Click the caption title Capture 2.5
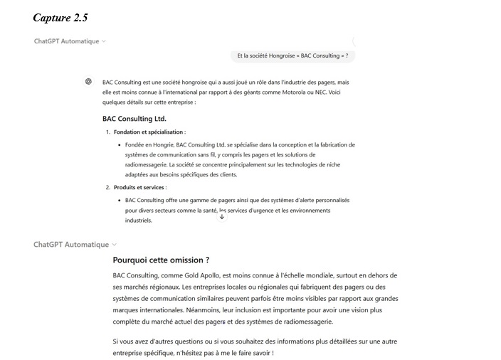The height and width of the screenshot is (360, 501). pos(60,17)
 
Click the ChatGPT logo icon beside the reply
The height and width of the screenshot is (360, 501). pos(88,81)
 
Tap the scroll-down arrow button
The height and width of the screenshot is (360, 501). pos(222,216)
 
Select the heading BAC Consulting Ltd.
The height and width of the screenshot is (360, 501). pos(134,119)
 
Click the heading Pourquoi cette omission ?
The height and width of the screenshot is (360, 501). pos(161,260)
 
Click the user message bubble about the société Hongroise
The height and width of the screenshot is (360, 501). pos(292,55)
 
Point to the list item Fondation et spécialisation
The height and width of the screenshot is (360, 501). pos(149,132)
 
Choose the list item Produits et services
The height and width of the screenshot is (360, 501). pos(139,188)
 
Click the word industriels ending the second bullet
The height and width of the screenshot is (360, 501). pos(139,221)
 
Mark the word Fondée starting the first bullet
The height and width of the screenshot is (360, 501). pos(137,144)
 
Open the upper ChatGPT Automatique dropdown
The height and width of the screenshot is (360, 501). pos(70,41)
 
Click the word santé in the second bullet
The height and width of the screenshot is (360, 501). pos(205,211)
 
